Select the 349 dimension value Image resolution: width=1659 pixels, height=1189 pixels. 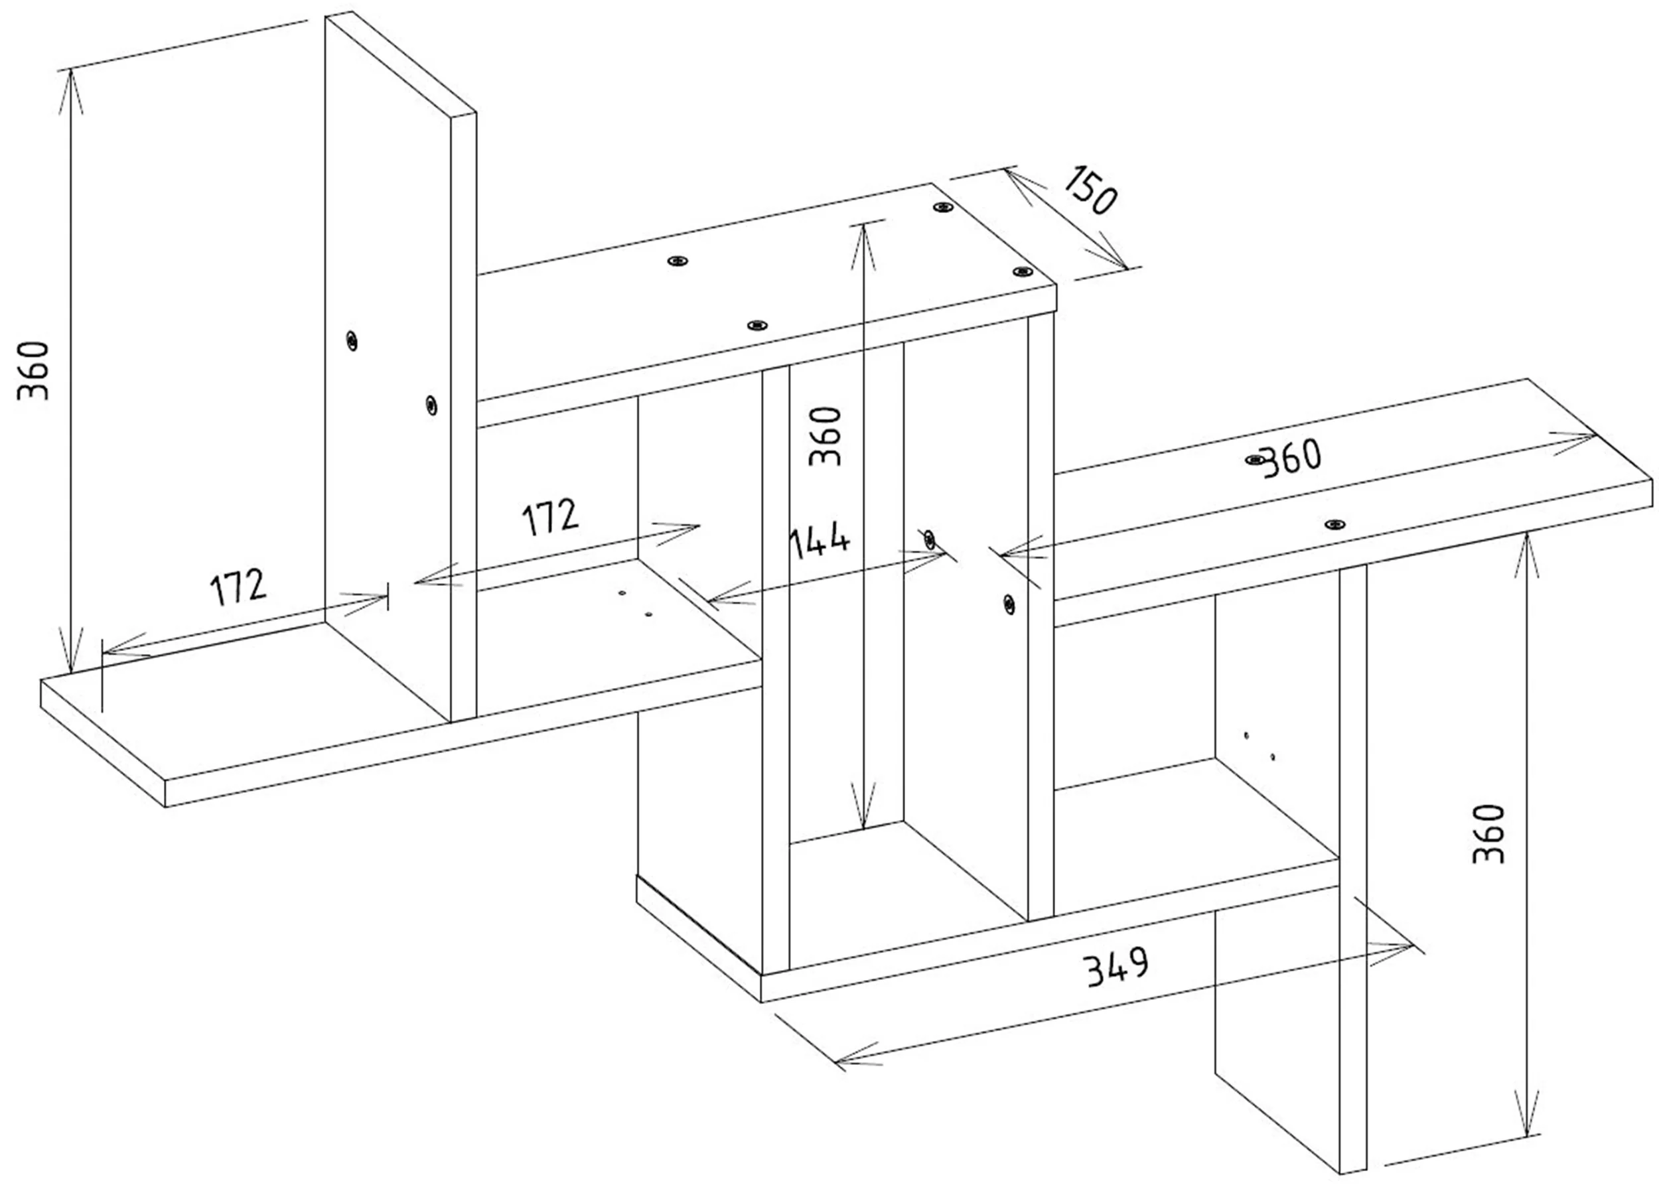point(1118,967)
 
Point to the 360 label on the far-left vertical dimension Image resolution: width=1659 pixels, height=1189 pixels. point(34,370)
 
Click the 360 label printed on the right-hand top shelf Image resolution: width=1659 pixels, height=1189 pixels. point(1292,458)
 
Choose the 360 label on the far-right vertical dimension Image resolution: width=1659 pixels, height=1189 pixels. point(1488,833)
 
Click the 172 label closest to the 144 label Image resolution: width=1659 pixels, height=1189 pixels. point(550,517)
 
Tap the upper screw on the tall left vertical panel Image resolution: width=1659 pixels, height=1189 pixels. point(352,341)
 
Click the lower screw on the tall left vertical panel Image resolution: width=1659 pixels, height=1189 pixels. point(431,404)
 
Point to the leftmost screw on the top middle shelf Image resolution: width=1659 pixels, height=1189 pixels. point(679,261)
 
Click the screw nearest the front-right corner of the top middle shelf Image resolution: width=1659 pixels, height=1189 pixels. point(1021,272)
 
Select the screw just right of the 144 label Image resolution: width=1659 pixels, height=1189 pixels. point(929,539)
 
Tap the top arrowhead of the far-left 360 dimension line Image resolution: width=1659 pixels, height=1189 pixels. point(70,92)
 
